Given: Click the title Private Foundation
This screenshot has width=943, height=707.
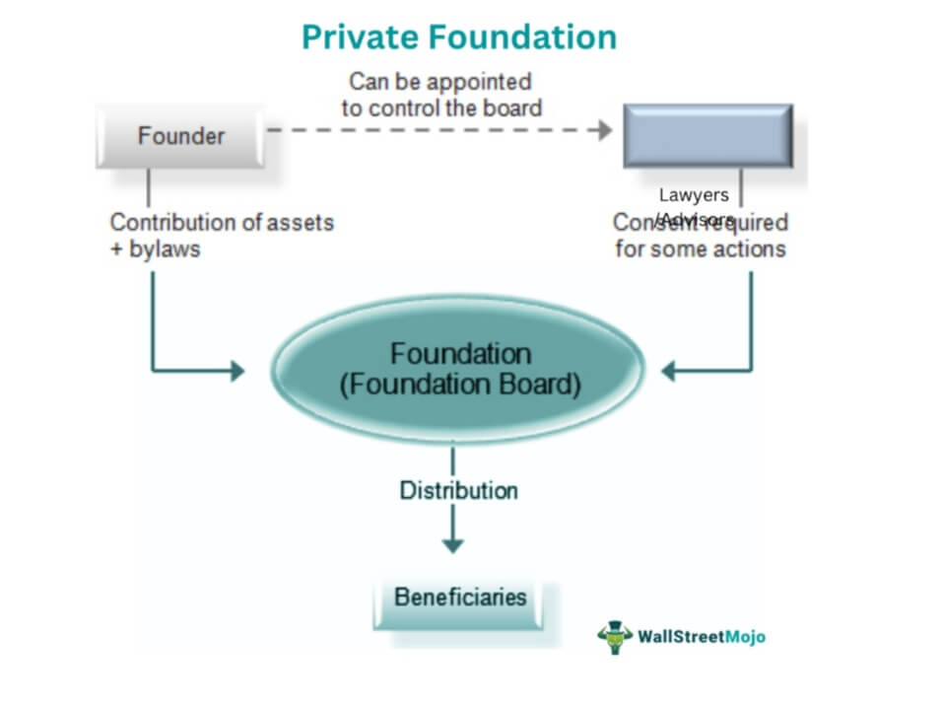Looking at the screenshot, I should (458, 37).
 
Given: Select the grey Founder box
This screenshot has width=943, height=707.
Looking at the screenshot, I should (180, 135).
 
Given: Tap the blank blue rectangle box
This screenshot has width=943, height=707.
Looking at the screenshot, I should (707, 135).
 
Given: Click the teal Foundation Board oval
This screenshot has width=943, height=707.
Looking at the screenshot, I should (458, 370).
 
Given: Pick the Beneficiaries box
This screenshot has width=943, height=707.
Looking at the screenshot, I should (460, 598).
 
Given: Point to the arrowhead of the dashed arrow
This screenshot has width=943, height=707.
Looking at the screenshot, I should (603, 130).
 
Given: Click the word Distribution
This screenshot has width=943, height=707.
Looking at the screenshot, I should (458, 490).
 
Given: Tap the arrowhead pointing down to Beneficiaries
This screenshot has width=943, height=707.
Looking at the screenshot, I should (452, 543).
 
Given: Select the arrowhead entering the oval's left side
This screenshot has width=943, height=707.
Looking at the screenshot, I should (236, 371).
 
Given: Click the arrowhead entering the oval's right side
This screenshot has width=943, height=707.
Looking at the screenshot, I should (668, 371).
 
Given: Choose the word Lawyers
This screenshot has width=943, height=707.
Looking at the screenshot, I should (694, 195).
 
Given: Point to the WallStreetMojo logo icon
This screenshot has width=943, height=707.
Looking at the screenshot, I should (615, 637).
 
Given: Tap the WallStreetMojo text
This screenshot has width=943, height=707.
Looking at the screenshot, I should (701, 637).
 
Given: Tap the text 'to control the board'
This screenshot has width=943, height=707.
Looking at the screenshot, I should (441, 107).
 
